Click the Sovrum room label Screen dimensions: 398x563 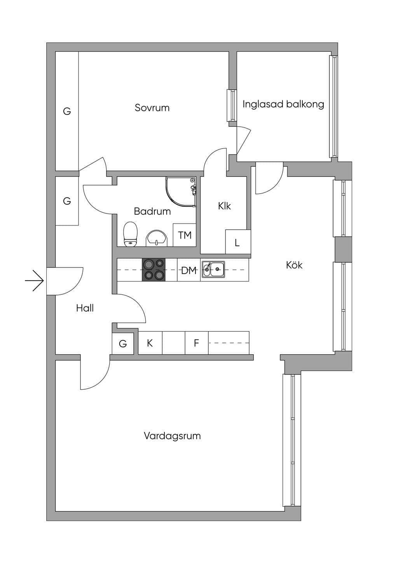point(152,108)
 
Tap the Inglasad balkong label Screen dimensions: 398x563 point(283,104)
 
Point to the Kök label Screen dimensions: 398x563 point(294,265)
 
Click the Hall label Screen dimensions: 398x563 point(85,308)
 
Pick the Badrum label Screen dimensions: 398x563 point(152,211)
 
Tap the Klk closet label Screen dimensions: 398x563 point(224,206)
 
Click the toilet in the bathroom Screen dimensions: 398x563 point(131,234)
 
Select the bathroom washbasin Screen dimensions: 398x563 point(157,238)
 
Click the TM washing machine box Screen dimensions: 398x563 point(185,235)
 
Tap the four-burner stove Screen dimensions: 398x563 point(154,270)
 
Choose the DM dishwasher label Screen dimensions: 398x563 point(189,271)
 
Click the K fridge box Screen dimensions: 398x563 point(150,343)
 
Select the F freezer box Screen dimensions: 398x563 point(197,343)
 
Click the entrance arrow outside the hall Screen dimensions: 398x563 point(35,280)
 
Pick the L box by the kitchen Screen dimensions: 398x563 point(238,242)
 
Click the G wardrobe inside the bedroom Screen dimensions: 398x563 point(67,111)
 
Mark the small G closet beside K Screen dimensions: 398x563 point(122,343)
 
